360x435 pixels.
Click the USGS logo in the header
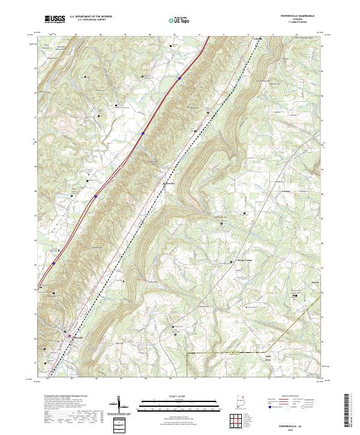point(55,20)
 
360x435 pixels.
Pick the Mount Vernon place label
point(242,261)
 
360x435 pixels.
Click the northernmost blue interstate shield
point(179,77)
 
